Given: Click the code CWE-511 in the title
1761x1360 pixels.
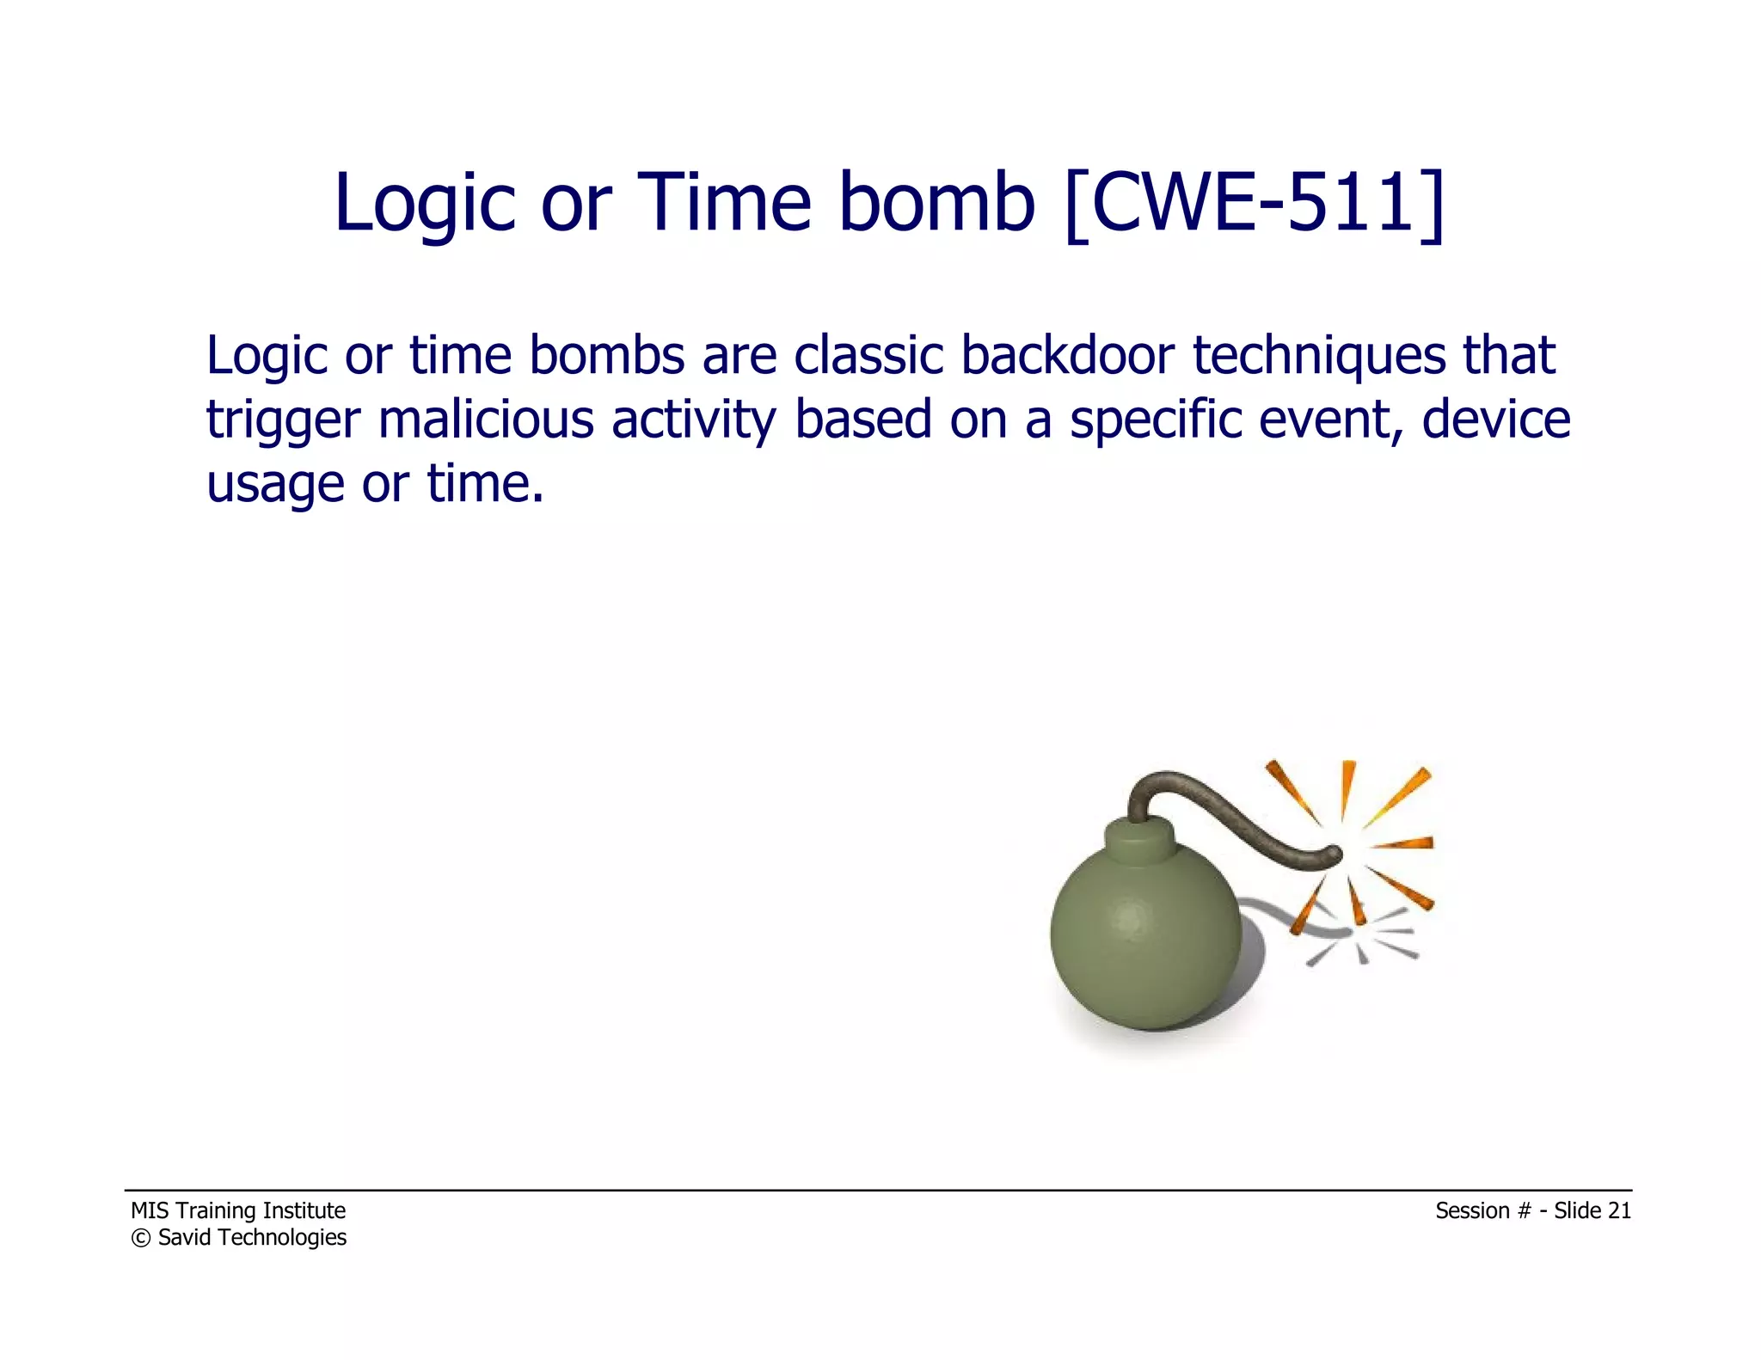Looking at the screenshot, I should coord(1255,203).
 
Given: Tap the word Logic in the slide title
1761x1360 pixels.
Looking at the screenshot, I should coord(424,205).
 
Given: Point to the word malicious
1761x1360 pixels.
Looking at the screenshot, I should coord(486,420).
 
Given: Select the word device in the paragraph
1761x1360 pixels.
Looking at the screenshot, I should coord(1495,420).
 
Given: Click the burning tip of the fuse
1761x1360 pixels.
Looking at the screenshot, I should coord(1335,854).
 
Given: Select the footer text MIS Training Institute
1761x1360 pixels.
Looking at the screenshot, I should coord(238,1210).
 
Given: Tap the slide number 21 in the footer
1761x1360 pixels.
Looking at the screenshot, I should coord(1619,1210).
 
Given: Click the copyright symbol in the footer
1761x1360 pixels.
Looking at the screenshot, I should coord(140,1238).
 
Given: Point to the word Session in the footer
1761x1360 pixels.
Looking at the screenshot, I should coord(1472,1210).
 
